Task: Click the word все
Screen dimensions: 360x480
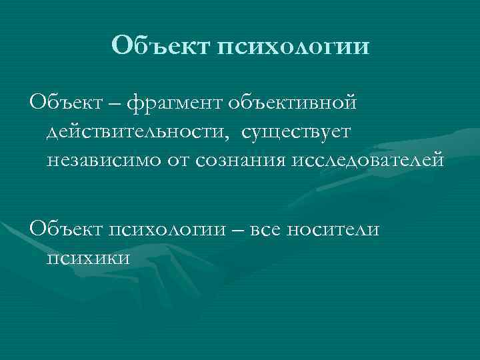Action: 267,231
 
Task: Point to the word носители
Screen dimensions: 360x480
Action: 333,230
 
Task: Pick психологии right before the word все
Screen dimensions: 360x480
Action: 173,231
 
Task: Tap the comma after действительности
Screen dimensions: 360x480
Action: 231,138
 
